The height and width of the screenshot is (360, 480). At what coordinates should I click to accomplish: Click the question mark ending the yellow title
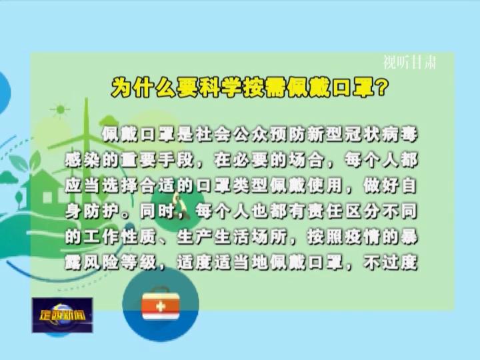click(380, 88)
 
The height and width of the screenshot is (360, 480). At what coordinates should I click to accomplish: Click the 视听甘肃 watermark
click(409, 62)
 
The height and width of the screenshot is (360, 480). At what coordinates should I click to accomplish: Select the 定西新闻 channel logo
click(62, 315)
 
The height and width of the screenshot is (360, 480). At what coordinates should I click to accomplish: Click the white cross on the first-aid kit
click(161, 306)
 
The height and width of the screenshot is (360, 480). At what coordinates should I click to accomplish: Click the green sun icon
click(60, 109)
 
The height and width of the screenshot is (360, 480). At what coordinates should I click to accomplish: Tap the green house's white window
click(47, 197)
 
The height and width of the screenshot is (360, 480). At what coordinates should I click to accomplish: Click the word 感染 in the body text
click(83, 160)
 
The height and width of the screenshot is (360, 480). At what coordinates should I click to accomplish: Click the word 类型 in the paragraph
click(251, 185)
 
